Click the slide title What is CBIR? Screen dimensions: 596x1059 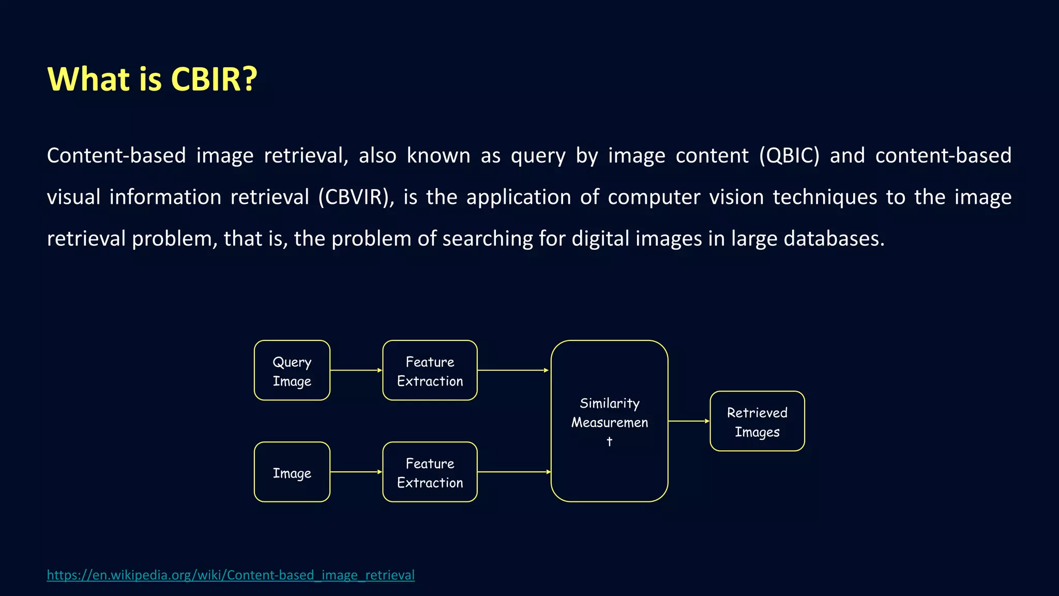click(x=152, y=79)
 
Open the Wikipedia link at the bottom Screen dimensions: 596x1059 click(x=231, y=575)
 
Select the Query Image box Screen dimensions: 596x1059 click(x=292, y=370)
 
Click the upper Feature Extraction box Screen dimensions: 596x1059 click(x=430, y=370)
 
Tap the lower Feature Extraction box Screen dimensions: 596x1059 click(x=430, y=472)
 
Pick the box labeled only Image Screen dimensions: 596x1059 click(x=292, y=472)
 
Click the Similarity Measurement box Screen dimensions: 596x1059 click(x=609, y=421)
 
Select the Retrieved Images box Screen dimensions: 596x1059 click(x=757, y=421)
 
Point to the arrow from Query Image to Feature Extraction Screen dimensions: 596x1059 click(x=356, y=370)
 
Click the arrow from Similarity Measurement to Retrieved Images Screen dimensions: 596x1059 click(x=689, y=421)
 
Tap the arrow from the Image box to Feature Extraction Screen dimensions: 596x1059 click(x=356, y=472)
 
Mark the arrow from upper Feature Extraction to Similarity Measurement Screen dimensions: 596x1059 click(x=513, y=370)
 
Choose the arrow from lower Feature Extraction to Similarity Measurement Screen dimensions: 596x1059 click(x=514, y=472)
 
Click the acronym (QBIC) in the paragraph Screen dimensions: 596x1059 click(x=789, y=156)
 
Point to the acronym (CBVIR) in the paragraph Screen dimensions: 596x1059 click(x=356, y=197)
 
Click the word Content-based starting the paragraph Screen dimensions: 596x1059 click(x=116, y=156)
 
